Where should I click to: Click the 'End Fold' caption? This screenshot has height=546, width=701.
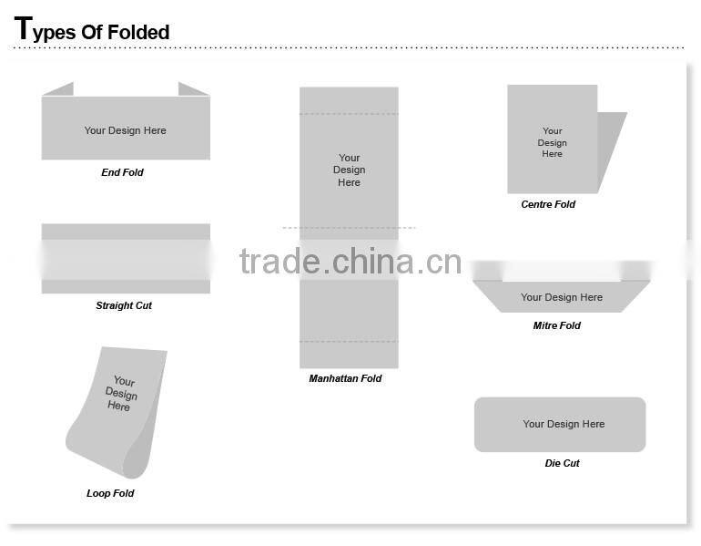122,172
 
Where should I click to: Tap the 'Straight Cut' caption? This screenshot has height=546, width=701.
124,305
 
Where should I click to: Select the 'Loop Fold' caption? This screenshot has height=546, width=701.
110,493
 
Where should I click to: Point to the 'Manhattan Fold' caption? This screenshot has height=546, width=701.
345,378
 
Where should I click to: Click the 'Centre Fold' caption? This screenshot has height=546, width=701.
548,204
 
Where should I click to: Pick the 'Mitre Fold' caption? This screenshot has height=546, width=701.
556,325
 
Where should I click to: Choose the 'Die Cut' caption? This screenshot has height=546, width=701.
562,463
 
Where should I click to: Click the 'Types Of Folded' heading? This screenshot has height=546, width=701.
92,31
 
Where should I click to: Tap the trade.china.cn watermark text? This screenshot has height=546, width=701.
350,262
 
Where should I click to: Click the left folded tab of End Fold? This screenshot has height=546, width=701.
59,89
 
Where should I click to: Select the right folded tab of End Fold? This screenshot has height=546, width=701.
192,89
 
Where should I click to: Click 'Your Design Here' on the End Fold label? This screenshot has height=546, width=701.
126,130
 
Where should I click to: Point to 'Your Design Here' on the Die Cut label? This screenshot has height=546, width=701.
564,424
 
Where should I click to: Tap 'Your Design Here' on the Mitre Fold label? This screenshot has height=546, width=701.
562,297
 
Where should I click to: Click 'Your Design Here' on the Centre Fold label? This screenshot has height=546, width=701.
552,142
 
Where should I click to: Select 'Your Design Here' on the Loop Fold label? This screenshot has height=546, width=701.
120,394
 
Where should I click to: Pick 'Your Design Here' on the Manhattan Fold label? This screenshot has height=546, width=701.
349,170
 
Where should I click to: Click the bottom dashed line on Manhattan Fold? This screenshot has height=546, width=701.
349,342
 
